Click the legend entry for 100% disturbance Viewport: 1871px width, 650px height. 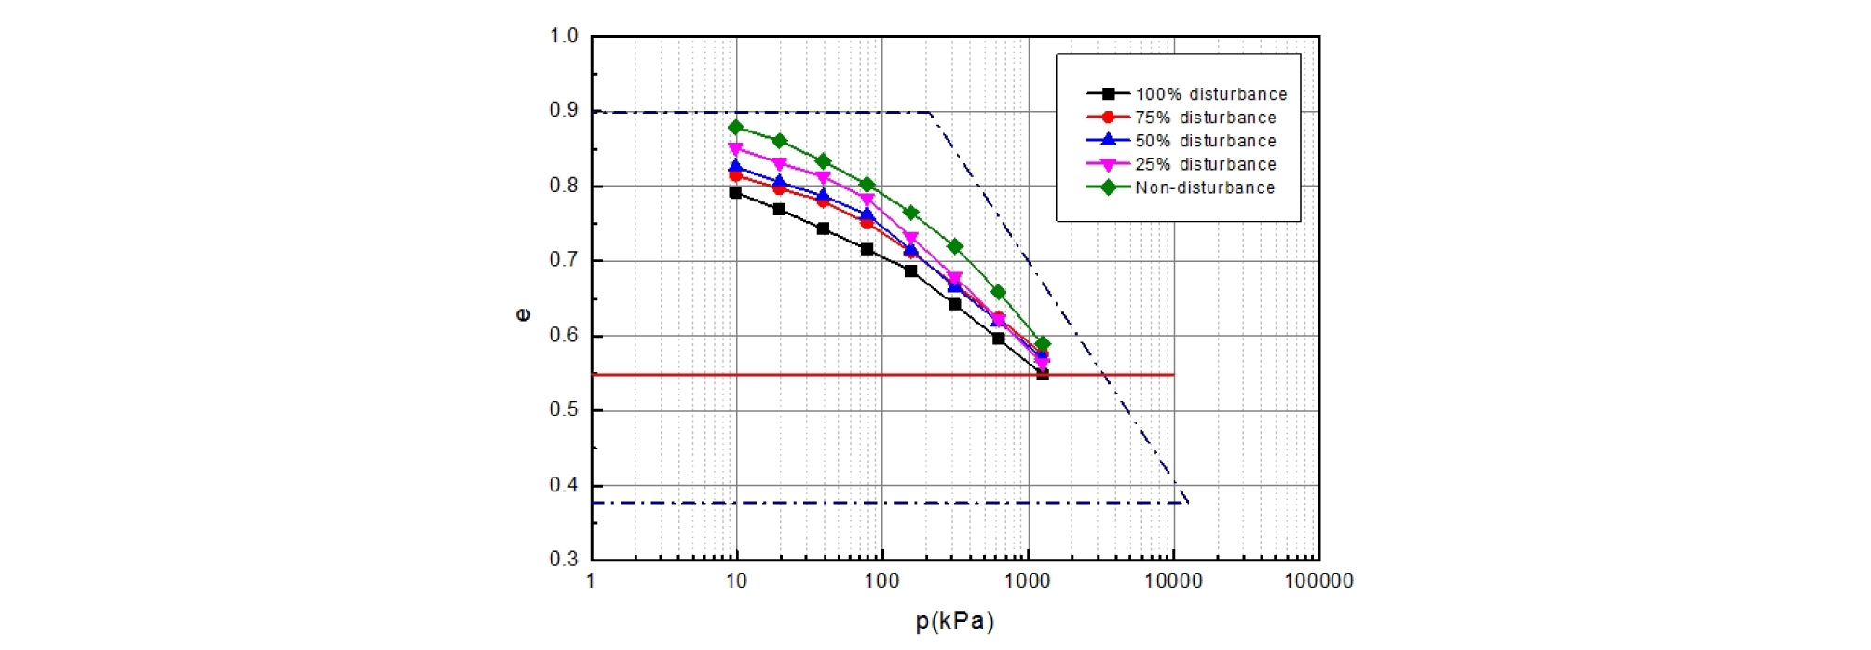click(x=1210, y=94)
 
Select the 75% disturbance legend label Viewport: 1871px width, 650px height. click(x=1205, y=118)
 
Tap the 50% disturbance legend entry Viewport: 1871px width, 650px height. click(x=1205, y=141)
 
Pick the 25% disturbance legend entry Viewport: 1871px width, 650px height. click(x=1205, y=164)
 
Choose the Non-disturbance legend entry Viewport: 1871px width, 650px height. click(x=1204, y=187)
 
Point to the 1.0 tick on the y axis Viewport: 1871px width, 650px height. click(x=564, y=36)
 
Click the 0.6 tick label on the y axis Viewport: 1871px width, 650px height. click(x=564, y=336)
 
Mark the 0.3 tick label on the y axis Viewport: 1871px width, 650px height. click(x=564, y=560)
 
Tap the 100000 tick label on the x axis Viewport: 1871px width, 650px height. click(x=1318, y=582)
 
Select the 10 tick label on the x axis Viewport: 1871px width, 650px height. click(x=736, y=582)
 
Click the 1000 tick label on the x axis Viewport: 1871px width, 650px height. click(x=1027, y=582)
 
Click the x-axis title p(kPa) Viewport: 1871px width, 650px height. click(x=954, y=622)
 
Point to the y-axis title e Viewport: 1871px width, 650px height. click(x=524, y=315)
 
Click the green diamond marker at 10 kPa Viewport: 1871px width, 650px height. click(x=736, y=128)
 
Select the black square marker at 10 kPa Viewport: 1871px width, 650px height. click(x=736, y=193)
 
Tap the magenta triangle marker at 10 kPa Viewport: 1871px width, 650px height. click(x=736, y=149)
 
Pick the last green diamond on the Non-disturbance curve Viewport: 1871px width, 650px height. click(x=1043, y=345)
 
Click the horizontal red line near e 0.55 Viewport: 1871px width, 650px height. click(x=839, y=375)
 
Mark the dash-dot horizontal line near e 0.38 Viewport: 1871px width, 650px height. click(x=839, y=503)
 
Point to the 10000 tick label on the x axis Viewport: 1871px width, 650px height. click(x=1172, y=582)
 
